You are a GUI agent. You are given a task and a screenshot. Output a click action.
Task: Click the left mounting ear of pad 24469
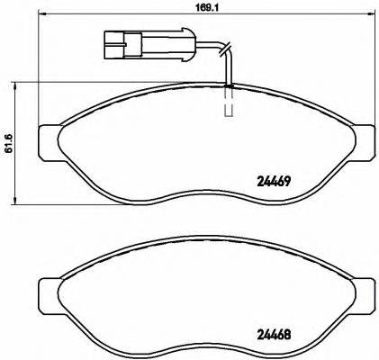pyautogui.click(x=48, y=140)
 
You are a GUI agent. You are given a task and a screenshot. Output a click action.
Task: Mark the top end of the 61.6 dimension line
pyautogui.click(x=20, y=82)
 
